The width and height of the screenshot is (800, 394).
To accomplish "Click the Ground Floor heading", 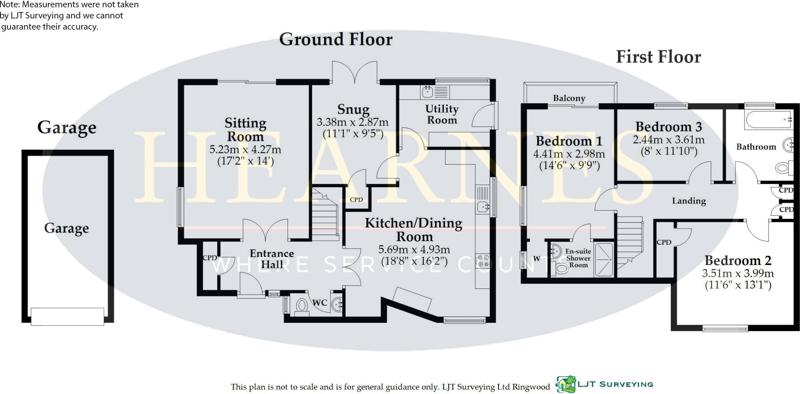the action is click(x=336, y=39).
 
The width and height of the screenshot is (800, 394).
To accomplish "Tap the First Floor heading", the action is click(x=659, y=57).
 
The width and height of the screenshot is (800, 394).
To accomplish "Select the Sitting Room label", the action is click(x=245, y=130).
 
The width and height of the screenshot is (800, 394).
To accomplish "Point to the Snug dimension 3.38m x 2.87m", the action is click(x=353, y=122).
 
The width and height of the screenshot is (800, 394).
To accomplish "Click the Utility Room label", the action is click(x=442, y=114).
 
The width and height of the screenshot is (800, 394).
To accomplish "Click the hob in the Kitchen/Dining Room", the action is click(x=482, y=261).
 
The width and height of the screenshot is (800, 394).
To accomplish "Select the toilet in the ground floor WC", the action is click(x=302, y=305).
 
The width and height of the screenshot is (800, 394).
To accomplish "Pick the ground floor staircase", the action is click(x=325, y=213).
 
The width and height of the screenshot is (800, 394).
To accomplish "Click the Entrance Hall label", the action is click(x=272, y=259).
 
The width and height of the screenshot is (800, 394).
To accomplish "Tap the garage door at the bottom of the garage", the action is click(x=68, y=316).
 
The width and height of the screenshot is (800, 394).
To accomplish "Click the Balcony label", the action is click(x=569, y=98).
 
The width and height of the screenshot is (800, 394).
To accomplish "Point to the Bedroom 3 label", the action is click(x=669, y=127).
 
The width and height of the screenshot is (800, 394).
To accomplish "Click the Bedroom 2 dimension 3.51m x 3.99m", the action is click(x=738, y=273).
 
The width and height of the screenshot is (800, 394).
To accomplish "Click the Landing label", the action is click(x=689, y=201).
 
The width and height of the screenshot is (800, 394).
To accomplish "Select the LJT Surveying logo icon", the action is click(x=566, y=384).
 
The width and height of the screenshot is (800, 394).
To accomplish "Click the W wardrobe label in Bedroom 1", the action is click(x=536, y=259).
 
